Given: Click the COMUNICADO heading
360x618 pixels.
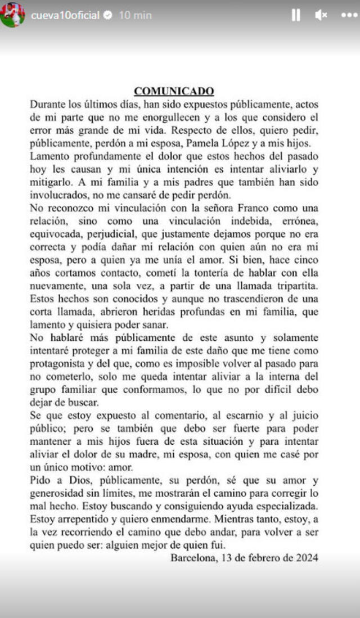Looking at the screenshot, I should pyautogui.click(x=174, y=91).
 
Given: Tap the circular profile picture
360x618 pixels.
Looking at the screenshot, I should pyautogui.click(x=12, y=15).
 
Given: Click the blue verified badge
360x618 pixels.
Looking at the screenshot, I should pyautogui.click(x=108, y=15).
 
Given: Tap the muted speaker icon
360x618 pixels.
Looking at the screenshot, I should pyautogui.click(x=321, y=15).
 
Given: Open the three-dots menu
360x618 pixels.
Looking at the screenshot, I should pyautogui.click(x=349, y=15).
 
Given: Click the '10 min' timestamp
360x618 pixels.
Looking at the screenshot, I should pyautogui.click(x=135, y=15).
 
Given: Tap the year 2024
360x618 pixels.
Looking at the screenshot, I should pyautogui.click(x=307, y=558).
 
